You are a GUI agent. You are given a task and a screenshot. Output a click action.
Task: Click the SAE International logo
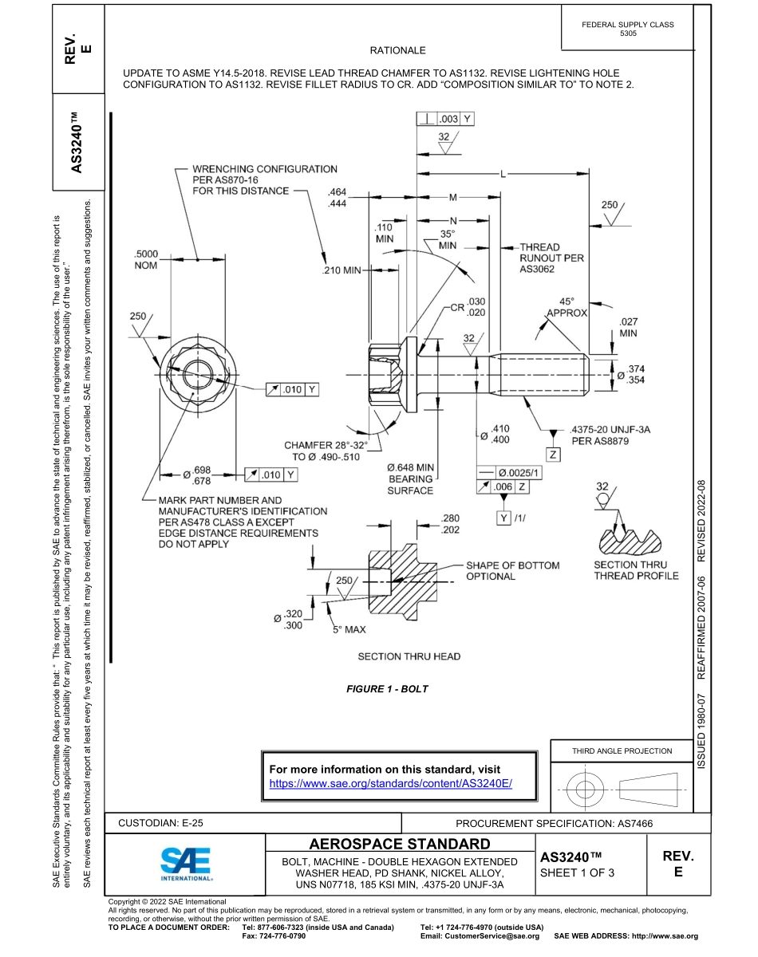click(186, 863)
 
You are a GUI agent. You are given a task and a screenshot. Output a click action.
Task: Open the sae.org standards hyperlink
click(390, 784)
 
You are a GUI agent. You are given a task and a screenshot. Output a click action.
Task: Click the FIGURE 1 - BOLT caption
click(387, 689)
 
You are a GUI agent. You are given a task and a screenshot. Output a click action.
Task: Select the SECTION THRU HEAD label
click(409, 656)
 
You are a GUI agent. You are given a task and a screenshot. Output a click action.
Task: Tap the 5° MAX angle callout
click(349, 629)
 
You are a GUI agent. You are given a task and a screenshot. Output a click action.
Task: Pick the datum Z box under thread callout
click(552, 454)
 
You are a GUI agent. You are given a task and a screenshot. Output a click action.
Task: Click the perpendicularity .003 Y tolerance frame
click(445, 119)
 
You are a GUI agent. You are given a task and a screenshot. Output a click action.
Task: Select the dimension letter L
click(503, 173)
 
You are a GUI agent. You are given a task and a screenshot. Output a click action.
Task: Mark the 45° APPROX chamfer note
click(567, 307)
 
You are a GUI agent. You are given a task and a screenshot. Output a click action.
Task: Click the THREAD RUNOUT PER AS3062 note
click(551, 258)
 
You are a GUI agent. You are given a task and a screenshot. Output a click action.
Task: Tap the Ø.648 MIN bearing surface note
click(410, 478)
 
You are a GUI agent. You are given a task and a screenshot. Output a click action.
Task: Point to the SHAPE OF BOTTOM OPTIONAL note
click(512, 570)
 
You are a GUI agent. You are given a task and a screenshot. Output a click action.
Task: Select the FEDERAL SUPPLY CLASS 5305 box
click(628, 29)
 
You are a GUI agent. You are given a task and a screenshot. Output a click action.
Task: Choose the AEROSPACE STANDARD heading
click(400, 844)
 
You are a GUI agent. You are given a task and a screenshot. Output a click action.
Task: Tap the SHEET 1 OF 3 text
click(578, 872)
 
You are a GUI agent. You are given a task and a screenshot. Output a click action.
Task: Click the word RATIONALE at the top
click(398, 50)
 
